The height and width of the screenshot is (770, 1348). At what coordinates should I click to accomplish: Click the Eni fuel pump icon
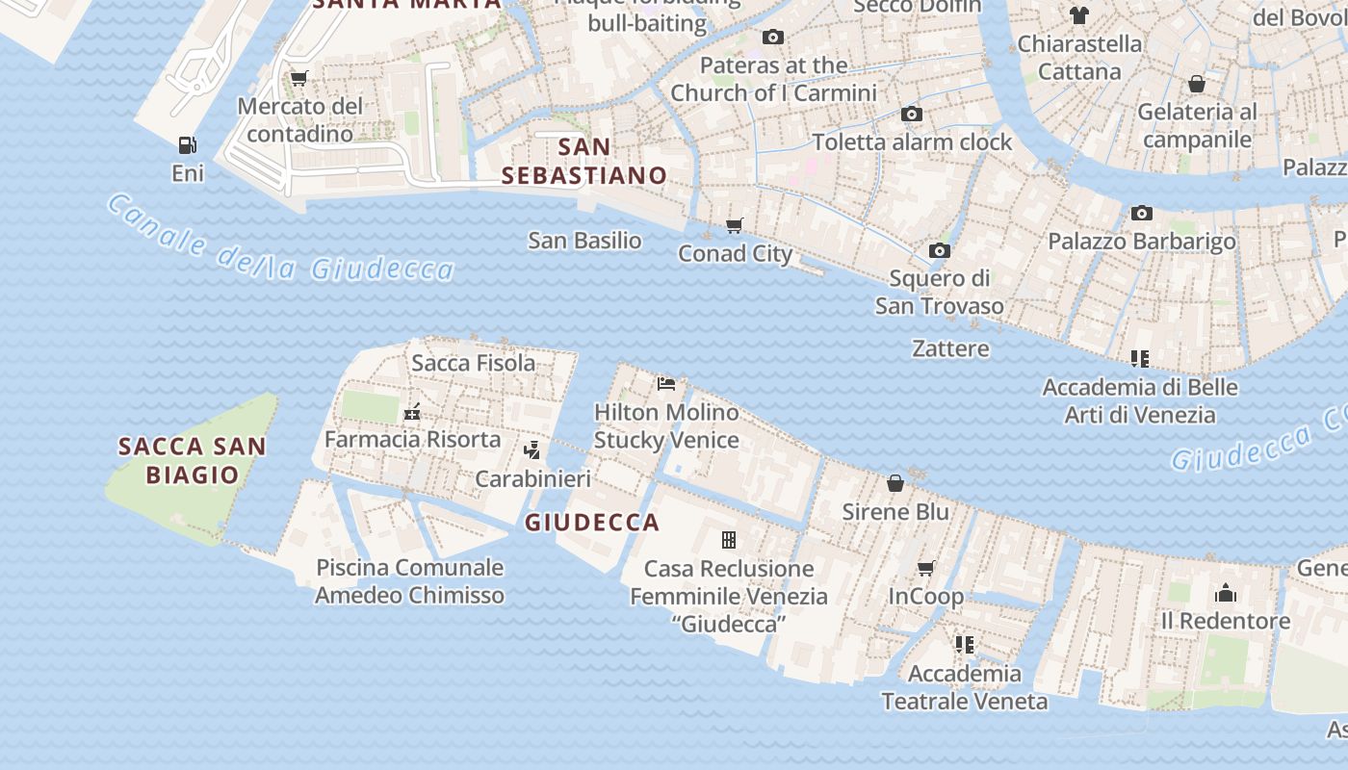coord(187,145)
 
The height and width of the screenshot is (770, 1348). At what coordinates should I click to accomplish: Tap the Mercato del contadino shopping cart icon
coord(299,78)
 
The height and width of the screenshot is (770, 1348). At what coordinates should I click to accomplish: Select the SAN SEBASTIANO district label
coord(584,161)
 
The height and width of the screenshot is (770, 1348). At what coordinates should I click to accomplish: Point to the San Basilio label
coord(584,241)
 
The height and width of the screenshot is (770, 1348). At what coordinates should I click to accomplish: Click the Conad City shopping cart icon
coord(735,225)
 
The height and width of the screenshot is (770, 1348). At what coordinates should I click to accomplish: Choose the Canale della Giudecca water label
coord(279,241)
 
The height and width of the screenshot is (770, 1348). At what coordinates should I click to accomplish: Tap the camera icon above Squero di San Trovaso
coord(940,251)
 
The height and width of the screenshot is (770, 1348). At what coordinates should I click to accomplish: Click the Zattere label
coord(950,348)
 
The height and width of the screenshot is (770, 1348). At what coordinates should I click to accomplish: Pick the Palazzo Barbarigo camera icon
coord(1142,213)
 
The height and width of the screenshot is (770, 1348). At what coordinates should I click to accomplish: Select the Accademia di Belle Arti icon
coord(1140,359)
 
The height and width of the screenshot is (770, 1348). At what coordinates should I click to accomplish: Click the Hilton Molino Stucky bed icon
coord(666,384)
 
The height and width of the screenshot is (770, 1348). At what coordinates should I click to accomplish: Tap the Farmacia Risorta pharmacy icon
coord(412,412)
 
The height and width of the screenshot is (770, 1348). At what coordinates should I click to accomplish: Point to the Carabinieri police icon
coord(531,449)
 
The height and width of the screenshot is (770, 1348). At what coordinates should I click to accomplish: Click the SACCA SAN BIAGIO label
coord(192,460)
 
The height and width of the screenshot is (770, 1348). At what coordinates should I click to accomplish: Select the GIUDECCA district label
coord(592,523)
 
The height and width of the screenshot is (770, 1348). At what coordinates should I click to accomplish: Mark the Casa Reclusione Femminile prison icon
coord(729,540)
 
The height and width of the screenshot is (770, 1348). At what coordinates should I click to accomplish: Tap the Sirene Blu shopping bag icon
coord(895,483)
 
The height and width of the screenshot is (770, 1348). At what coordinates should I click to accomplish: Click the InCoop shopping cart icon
coord(926,568)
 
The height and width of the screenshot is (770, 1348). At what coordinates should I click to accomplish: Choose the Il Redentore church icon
coord(1226,592)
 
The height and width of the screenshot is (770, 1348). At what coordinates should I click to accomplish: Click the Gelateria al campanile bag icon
coord(1197,85)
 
